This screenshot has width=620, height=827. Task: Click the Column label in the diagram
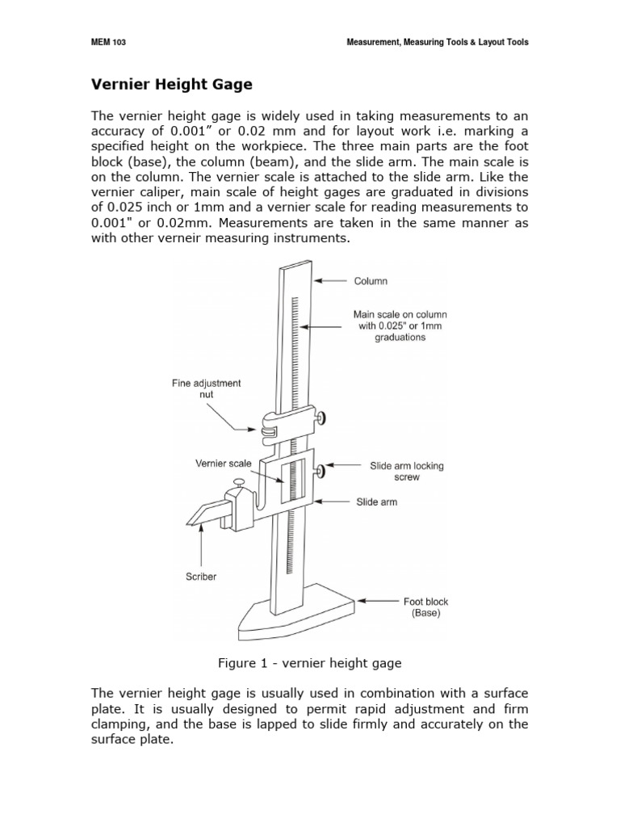coord(371,281)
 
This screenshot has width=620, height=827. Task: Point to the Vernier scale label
coord(224,464)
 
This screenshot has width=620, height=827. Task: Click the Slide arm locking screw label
coord(407,472)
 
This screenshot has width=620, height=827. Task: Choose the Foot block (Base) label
coord(425,607)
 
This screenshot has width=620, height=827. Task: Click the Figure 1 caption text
coord(310,663)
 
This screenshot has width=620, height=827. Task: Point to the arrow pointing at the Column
coord(332,281)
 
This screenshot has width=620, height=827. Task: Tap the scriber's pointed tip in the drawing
coord(191,524)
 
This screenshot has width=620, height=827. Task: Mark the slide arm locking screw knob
coord(320,470)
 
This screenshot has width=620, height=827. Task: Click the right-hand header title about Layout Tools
coord(437,42)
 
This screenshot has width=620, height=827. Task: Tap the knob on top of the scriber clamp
coord(237,483)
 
